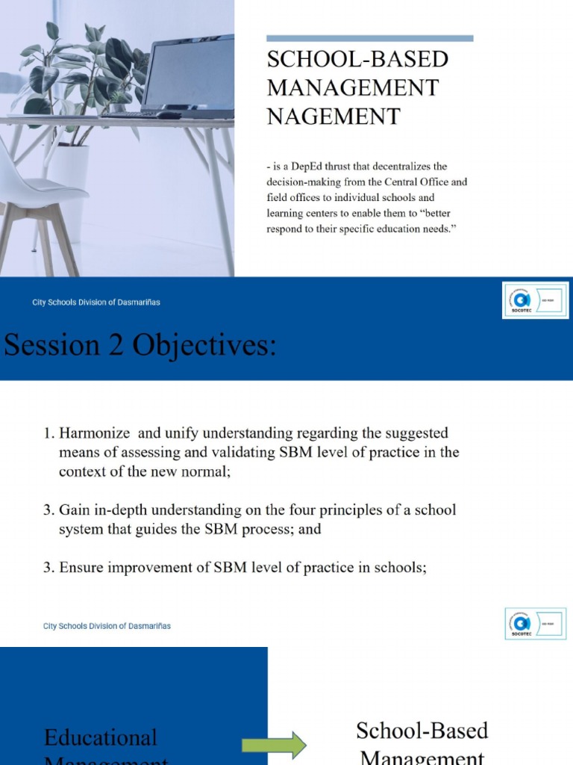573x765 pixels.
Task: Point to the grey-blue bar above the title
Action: pyautogui.click(x=369, y=38)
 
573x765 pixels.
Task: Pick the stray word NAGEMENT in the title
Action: pyautogui.click(x=334, y=117)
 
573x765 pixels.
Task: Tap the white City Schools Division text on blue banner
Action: pyautogui.click(x=95, y=303)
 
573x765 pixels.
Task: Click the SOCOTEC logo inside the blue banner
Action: pyautogui.click(x=535, y=300)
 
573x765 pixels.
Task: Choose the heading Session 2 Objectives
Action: pyautogui.click(x=140, y=346)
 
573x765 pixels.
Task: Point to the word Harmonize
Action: pyautogui.click(x=94, y=433)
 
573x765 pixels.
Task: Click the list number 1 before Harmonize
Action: pyautogui.click(x=47, y=433)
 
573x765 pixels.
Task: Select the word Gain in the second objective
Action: pyautogui.click(x=75, y=510)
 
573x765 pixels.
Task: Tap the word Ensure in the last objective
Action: pyautogui.click(x=82, y=567)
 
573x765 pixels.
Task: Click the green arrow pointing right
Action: pyautogui.click(x=274, y=744)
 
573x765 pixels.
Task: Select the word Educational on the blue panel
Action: pyautogui.click(x=101, y=738)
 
